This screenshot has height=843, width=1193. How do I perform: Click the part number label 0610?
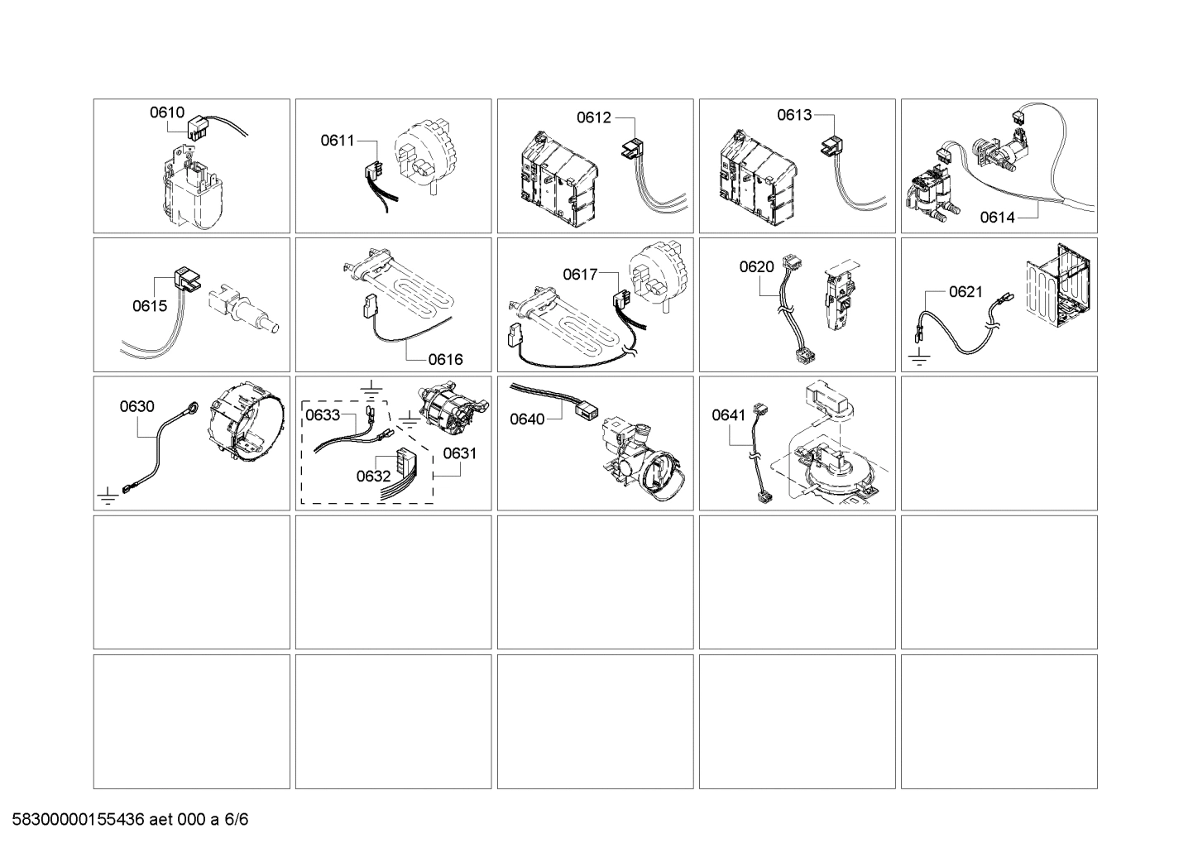coord(166,113)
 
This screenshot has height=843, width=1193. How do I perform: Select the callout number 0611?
coord(338,141)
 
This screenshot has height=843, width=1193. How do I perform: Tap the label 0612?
coord(593,117)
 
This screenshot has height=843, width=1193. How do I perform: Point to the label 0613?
coord(794,115)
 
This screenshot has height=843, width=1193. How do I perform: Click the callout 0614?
coord(997,218)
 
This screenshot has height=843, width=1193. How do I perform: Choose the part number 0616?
coord(445,359)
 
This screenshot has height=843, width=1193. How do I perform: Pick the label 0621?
coord(965,291)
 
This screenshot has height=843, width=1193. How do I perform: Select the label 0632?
coord(373,476)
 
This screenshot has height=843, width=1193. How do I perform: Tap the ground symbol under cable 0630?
coord(106,496)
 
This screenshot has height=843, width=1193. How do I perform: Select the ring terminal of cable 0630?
coord(193,406)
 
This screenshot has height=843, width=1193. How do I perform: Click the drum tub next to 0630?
coord(243,427)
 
